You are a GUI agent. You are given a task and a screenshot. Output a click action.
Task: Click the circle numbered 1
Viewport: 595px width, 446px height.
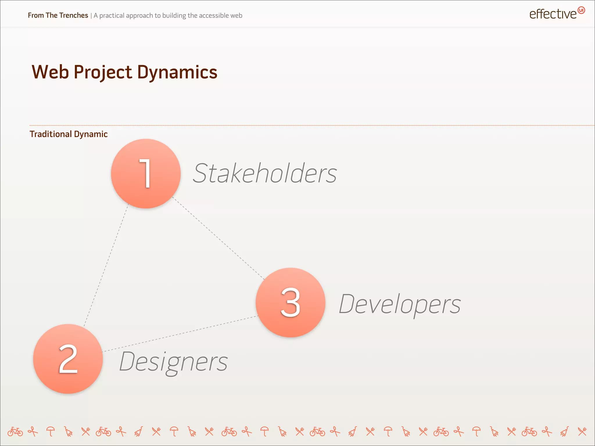[x=146, y=174]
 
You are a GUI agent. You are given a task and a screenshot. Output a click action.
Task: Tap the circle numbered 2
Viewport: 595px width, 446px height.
[x=68, y=359]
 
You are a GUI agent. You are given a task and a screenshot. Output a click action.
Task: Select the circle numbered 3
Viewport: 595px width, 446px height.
[x=290, y=302]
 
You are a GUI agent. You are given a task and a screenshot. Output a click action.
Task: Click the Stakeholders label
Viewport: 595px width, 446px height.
[x=265, y=173]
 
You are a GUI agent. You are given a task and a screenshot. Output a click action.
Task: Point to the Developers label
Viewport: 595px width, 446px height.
[x=399, y=304]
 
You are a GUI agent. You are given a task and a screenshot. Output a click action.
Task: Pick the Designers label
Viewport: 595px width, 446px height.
[x=173, y=362]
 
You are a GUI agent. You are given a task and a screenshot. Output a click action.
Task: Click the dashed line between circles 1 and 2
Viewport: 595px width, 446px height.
[x=106, y=264]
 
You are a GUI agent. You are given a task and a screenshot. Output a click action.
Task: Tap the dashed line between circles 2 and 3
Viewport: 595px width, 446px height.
[x=180, y=334]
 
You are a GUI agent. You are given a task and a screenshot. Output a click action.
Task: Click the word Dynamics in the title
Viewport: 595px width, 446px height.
[x=177, y=72]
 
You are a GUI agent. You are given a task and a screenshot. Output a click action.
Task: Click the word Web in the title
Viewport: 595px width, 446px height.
[x=50, y=72]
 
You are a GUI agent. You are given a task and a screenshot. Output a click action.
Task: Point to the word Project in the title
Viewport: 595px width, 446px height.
[x=103, y=73]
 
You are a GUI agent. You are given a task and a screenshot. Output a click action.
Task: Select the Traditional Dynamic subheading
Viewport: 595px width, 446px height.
[x=69, y=134]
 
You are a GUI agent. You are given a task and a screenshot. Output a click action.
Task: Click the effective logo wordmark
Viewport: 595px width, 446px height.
[x=553, y=14]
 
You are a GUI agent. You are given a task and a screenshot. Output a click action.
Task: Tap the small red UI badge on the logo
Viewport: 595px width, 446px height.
[x=581, y=10]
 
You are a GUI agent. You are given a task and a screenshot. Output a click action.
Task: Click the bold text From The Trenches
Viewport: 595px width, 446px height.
[x=58, y=15]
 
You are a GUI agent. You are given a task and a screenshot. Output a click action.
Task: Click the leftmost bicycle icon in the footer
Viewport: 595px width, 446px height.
[x=15, y=432]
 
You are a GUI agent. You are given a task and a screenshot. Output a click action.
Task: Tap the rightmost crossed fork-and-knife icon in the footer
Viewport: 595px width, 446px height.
[x=582, y=431]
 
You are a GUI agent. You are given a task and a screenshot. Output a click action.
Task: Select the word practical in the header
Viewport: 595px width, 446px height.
[x=112, y=16]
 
